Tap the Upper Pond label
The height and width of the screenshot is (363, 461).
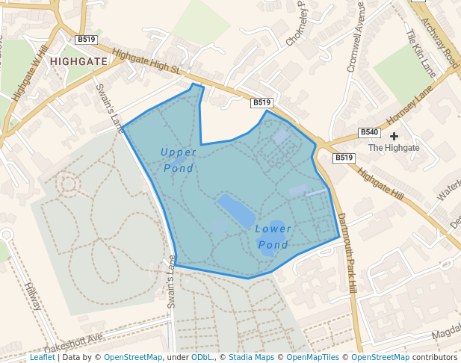click(x=179, y=160)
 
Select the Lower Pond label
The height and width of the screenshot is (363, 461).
click(x=273, y=236)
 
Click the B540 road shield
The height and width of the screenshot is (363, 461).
click(x=369, y=132)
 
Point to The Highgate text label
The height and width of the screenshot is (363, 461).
click(x=394, y=148)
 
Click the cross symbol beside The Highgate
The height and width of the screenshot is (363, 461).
click(x=394, y=136)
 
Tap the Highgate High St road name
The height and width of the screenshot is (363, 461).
click(x=146, y=62)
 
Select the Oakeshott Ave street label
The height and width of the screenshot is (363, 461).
click(x=72, y=338)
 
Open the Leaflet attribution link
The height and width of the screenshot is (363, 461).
click(x=42, y=357)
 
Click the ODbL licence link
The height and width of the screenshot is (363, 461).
click(x=202, y=357)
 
